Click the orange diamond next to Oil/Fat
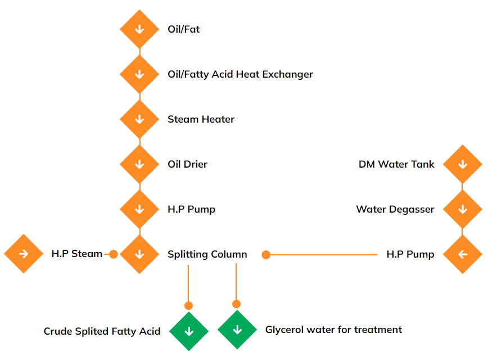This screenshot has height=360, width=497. tap(139, 29)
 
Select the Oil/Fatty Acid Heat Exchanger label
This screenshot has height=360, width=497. tap(240, 74)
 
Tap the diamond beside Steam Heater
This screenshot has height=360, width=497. tap(139, 119)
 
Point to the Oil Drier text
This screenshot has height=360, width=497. tap(187, 164)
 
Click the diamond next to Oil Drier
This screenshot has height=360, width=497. tap(139, 164)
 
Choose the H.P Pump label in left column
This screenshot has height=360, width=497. tap(191, 209)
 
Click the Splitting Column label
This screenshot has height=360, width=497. tap(207, 254)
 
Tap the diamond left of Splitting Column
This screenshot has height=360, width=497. tap(139, 254)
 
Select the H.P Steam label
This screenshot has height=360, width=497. tap(76, 254)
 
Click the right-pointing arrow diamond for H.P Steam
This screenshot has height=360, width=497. tap(24, 254)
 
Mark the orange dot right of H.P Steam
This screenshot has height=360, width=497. tap(113, 254)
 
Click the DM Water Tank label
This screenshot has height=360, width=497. tap(396, 164)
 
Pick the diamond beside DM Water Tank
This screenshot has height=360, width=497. tap(462, 164)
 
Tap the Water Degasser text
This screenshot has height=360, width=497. tap(395, 209)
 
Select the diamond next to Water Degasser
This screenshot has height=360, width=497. tap(462, 209)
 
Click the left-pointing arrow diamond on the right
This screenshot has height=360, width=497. tap(462, 254)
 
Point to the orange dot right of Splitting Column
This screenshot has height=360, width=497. tap(266, 255)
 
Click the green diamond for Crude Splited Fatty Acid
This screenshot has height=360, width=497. tap(189, 331)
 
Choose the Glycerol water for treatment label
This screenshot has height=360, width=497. tap(333, 330)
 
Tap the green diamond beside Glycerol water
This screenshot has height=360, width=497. tap(237, 330)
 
